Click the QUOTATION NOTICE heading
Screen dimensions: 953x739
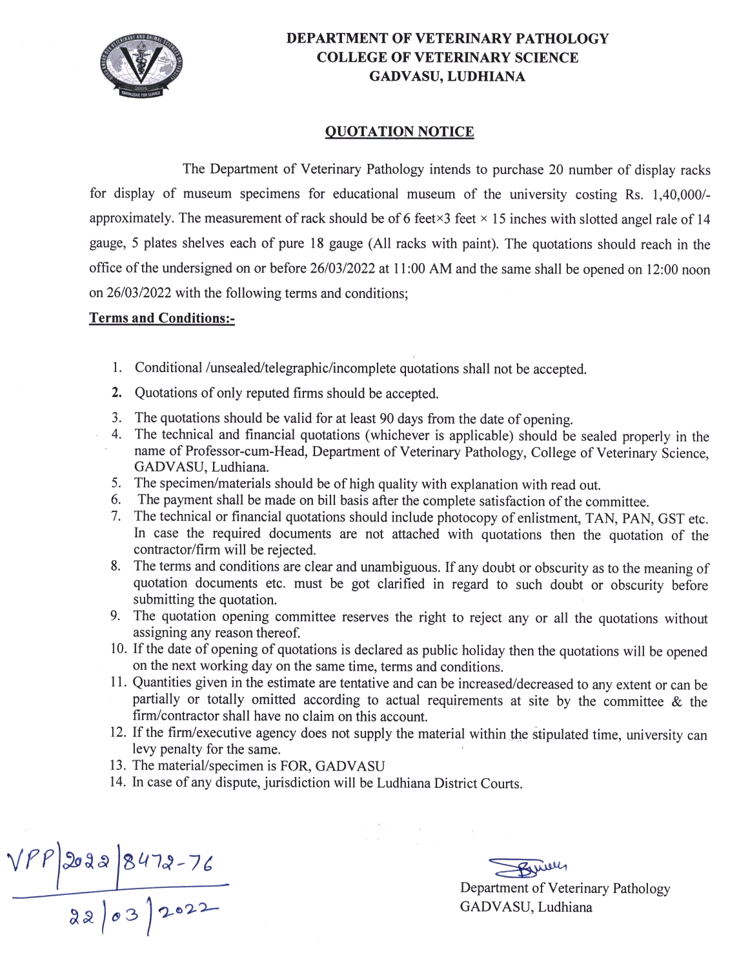[x=399, y=132]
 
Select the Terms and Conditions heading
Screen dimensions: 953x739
[x=161, y=319]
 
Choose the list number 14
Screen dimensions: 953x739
[x=118, y=783]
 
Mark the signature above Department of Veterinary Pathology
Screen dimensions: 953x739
[x=526, y=869]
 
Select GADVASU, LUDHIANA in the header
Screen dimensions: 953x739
[x=447, y=77]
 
